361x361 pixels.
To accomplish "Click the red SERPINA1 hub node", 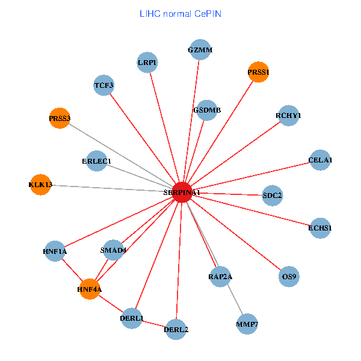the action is (182, 192).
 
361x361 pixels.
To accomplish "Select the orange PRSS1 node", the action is (258, 72).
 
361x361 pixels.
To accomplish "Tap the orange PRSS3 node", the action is (60, 119).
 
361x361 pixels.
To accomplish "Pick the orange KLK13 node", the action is (40, 184).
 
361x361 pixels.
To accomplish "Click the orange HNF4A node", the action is (90, 289).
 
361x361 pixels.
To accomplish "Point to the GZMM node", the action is (200, 50).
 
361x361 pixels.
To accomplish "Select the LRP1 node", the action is (147, 63).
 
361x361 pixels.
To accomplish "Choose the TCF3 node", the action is (104, 85).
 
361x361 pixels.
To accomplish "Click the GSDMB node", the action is (207, 110).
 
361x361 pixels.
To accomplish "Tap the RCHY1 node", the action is (289, 116).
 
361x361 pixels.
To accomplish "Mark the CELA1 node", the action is (320, 160).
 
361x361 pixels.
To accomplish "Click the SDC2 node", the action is (273, 195).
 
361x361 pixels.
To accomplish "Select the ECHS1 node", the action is (320, 228).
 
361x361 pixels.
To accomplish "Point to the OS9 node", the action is (289, 277).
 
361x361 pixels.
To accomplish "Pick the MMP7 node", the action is (247, 324).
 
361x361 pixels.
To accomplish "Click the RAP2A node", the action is (220, 277).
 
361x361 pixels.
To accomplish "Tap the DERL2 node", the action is (176, 329).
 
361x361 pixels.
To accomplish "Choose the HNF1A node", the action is (55, 251).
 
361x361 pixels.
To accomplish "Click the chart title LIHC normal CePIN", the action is (180, 13).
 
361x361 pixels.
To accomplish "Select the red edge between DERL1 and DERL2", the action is (154, 324).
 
